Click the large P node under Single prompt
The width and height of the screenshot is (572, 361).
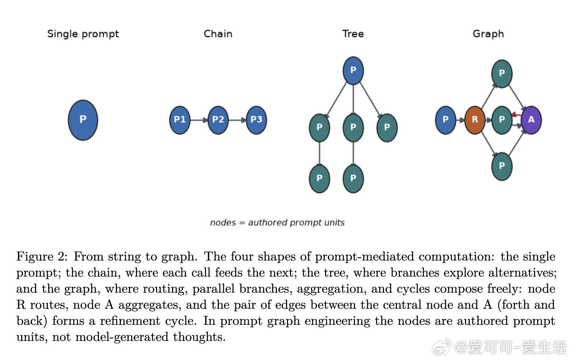[83, 120]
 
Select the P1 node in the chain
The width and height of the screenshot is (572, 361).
[180, 120]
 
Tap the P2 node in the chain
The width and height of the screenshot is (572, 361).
[218, 120]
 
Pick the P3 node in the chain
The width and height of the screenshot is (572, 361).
[256, 120]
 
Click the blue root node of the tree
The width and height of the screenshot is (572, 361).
[353, 71]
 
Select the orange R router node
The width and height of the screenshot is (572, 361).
[475, 120]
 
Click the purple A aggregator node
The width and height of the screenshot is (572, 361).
[531, 120]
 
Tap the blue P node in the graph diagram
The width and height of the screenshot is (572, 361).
[446, 120]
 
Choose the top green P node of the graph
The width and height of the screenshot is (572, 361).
[502, 74]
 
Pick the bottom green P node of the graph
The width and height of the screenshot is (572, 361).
[502, 167]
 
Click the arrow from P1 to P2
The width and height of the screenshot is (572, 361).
[199, 120]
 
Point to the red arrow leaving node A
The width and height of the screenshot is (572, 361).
[516, 115]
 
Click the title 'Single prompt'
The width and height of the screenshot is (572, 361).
[83, 34]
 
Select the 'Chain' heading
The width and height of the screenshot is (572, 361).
[218, 34]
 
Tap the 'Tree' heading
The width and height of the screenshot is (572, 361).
[353, 34]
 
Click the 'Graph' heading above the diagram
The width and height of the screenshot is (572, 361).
[488, 34]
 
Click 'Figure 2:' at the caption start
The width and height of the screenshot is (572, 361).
[42, 256]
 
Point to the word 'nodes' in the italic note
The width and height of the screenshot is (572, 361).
[223, 223]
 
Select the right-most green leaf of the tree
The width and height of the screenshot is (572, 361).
[387, 128]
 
